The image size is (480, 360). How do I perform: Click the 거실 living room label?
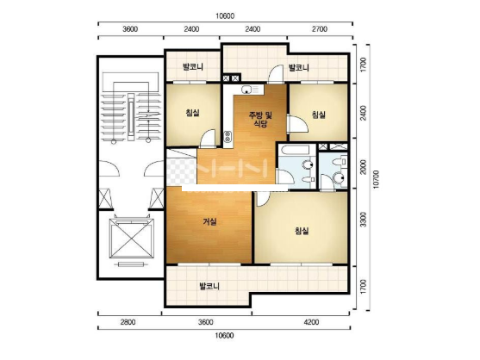[210, 221]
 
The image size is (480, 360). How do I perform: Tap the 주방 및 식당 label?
[260, 120]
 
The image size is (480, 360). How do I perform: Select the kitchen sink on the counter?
[246, 90]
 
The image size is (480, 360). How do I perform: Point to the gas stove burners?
[228, 137]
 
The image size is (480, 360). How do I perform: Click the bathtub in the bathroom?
[296, 151]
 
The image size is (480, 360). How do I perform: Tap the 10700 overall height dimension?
[376, 179]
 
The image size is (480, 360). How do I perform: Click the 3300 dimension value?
[363, 220]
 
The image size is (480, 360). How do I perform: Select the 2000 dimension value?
[363, 167]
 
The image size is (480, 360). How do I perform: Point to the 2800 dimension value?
[128, 322]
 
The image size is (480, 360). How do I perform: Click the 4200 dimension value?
[311, 322]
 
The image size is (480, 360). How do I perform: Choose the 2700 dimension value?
[320, 29]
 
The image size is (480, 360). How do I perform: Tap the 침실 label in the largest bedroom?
[302, 231]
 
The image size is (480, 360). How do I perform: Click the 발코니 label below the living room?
[209, 287]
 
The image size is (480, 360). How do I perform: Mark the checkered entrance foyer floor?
[181, 171]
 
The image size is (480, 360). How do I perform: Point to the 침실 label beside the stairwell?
[192, 113]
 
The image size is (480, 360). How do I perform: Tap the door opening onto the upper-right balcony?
[277, 74]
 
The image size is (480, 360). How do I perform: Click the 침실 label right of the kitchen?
[318, 115]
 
